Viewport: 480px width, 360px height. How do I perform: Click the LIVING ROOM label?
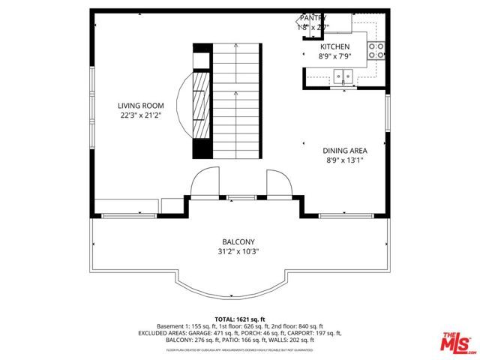141,106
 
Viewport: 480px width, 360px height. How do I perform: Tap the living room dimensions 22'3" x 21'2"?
141,116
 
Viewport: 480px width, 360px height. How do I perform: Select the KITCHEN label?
334,46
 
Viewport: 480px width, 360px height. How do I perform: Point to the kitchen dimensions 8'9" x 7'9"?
334,55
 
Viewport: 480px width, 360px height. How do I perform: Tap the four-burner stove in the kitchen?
376,51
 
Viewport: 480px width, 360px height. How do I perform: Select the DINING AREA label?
345,150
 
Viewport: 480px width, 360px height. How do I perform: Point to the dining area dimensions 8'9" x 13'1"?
345,160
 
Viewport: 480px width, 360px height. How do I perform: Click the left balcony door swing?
204,182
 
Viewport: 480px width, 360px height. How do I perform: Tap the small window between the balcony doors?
239,198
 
